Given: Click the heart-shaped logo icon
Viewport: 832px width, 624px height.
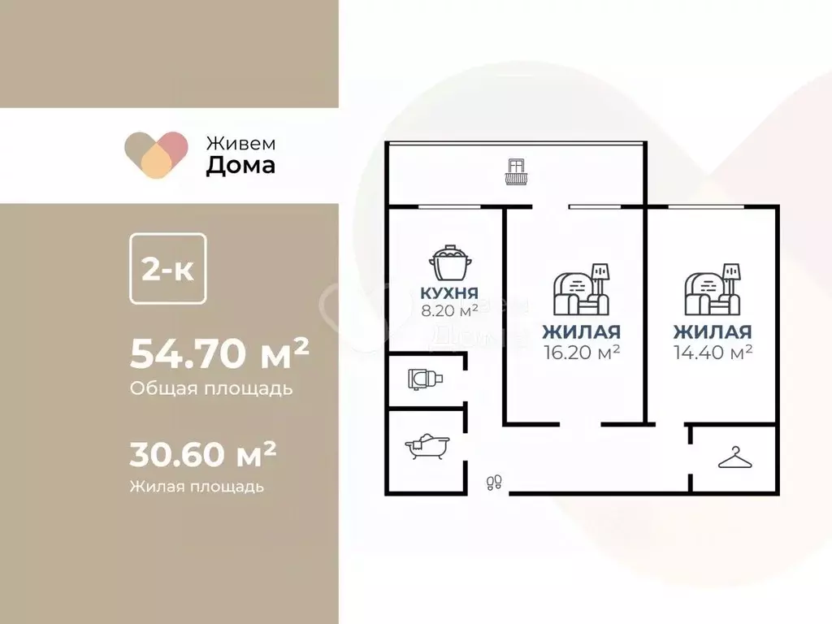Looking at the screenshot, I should (156, 154).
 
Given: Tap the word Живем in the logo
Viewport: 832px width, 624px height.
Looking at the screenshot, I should (240, 141).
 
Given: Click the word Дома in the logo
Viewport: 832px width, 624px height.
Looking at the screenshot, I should (240, 165).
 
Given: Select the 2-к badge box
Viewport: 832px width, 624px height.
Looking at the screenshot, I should (168, 270).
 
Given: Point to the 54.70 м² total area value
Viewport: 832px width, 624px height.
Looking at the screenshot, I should (219, 353).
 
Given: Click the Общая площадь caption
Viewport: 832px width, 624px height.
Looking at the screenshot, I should (210, 388).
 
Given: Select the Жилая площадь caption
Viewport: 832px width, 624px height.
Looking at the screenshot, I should (196, 487).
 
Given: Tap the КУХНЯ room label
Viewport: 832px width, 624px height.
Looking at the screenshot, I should (449, 293).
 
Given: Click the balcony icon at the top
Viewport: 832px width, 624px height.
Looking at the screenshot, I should (516, 172).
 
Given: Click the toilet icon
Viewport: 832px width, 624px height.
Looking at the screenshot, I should (425, 379).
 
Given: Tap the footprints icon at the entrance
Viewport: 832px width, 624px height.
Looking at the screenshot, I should (492, 483).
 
